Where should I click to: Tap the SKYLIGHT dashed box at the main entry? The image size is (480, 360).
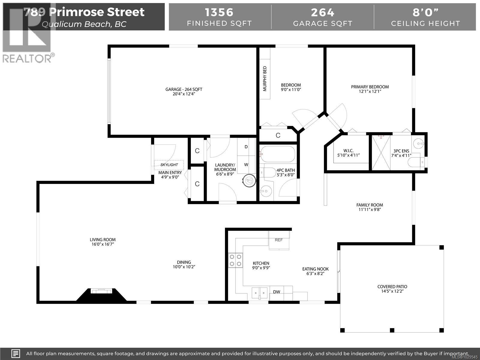coord(169,165)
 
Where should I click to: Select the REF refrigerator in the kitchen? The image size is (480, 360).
coord(279,240)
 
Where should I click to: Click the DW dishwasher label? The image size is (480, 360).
coord(277,292)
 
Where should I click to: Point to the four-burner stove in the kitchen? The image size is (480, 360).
coord(235,260)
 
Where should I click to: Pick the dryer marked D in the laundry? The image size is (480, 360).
coord(246,147)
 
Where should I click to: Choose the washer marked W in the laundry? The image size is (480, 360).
coord(246,165)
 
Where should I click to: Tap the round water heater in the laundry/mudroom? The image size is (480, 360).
coord(249,181)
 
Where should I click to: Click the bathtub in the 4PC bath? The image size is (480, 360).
coord(277,154)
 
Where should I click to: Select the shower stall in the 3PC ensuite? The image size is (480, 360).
coord(381,153)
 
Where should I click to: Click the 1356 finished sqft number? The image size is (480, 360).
coord(219,12)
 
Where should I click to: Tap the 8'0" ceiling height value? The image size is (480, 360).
coord(425,12)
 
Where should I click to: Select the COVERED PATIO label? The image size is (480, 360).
coord(392,287)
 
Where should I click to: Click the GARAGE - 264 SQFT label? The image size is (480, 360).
coord(184,89)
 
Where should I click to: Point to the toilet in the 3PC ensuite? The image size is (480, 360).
coord(416,162)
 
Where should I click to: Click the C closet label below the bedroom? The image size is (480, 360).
coord(278,135)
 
